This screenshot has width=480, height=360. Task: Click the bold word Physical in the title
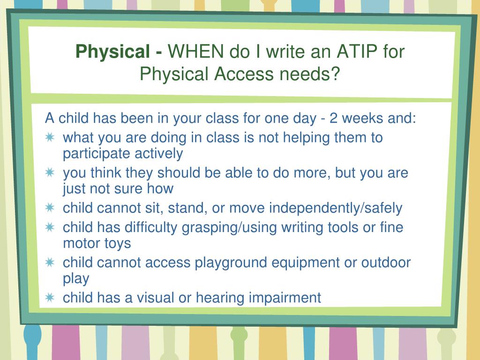click(x=112, y=52)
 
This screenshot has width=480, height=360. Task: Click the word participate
click(x=97, y=154)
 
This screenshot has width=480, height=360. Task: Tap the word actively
click(x=159, y=154)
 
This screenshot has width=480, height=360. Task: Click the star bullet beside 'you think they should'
click(x=50, y=172)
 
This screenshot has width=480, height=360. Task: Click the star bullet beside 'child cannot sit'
click(x=50, y=208)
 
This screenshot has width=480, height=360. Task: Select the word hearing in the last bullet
click(x=220, y=298)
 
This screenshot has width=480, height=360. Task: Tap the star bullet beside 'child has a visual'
click(x=50, y=298)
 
